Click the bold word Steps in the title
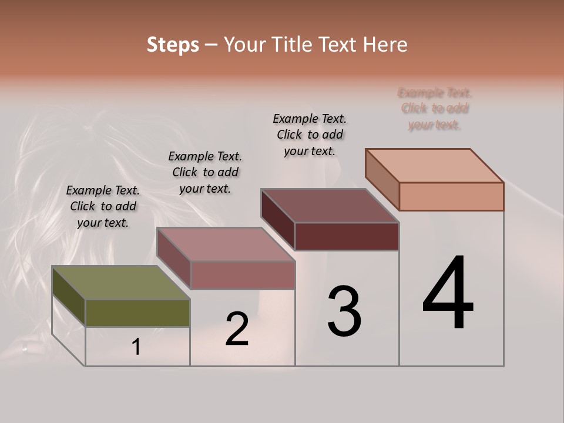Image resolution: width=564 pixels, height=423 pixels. click(x=173, y=45)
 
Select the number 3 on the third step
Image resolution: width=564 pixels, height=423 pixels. click(x=344, y=311)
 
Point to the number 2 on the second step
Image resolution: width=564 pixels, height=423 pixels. click(x=237, y=329)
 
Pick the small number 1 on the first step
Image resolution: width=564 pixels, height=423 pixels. click(x=136, y=347)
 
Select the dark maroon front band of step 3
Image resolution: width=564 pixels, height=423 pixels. click(x=347, y=237)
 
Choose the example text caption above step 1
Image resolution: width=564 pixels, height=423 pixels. click(x=103, y=206)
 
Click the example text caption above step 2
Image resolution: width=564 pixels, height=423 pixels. click(x=205, y=172)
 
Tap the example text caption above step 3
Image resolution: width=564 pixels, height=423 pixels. click(x=310, y=135)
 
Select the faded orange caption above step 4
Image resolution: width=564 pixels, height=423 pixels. click(x=435, y=109)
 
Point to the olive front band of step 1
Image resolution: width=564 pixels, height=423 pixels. click(x=137, y=313)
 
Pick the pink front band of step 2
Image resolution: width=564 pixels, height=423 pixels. click(x=242, y=275)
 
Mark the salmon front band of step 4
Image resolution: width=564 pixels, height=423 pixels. click(x=451, y=196)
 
